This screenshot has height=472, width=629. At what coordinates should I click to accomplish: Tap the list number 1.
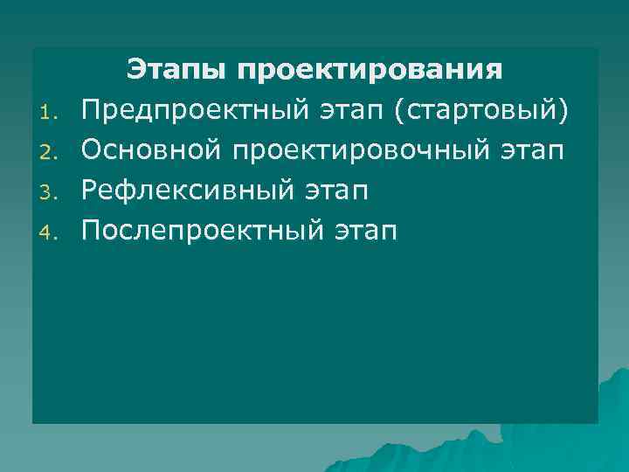[x=51, y=112]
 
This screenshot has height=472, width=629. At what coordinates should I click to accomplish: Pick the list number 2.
[x=51, y=152]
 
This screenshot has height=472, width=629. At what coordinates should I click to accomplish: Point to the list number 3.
[x=51, y=192]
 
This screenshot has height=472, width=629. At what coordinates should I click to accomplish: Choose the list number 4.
[x=51, y=233]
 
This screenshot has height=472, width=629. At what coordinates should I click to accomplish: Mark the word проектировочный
[x=362, y=150]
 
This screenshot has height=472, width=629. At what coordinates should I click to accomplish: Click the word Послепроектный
[x=202, y=231]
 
